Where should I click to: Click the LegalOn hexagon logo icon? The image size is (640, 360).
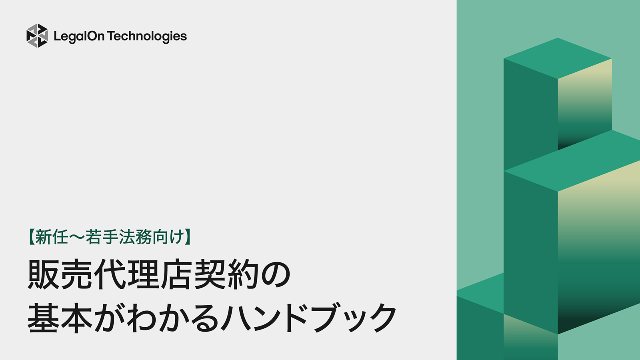coord(37,36)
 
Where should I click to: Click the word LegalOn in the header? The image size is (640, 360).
coord(79,36)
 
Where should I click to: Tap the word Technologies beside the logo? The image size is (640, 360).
coord(147,36)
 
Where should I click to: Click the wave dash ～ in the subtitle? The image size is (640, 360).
coord(77,237)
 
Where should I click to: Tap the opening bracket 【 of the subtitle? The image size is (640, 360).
coord(31,237)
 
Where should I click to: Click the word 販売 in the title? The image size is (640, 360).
coord(60,275)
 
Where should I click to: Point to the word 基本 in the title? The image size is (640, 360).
coord(60,318)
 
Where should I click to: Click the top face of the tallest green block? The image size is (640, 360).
coord(558,58)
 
